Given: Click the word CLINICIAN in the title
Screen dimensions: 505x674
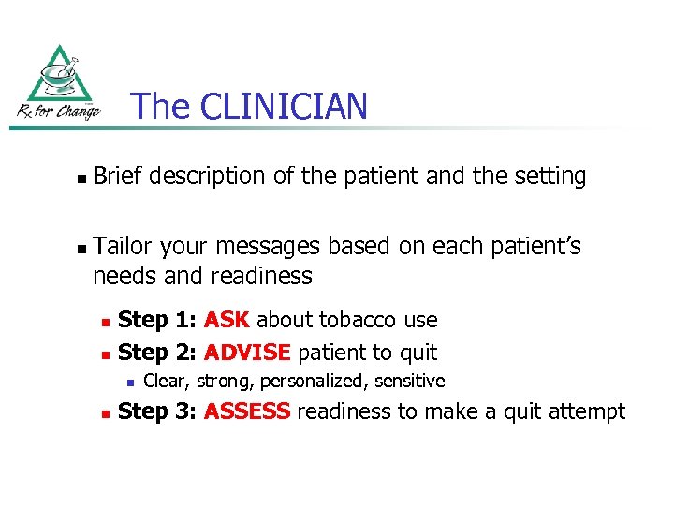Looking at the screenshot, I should [282, 107].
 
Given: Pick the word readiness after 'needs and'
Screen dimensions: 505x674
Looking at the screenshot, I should [262, 276].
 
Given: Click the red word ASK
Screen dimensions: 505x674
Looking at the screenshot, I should [227, 320].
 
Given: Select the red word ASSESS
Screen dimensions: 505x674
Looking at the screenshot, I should [247, 411].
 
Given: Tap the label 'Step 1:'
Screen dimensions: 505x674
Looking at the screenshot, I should [157, 320].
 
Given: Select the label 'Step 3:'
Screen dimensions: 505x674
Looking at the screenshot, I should [157, 411].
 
